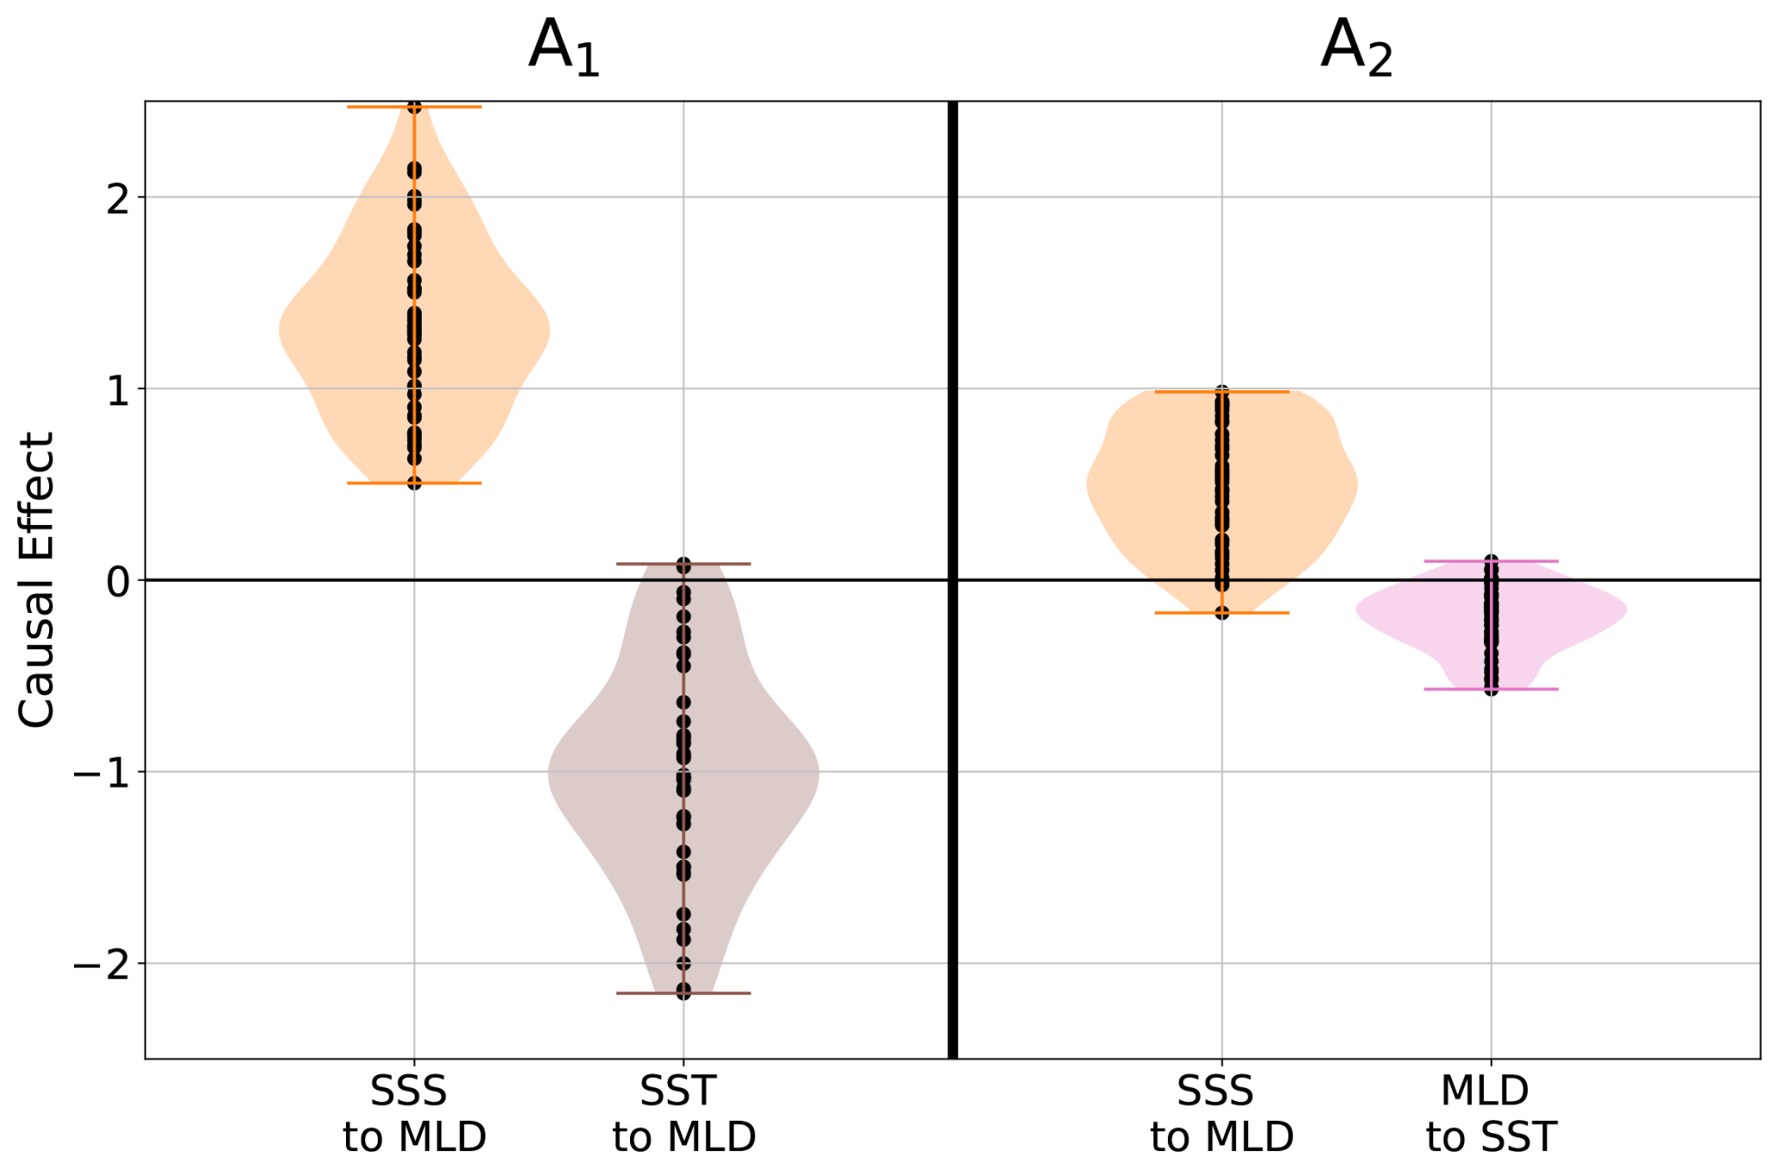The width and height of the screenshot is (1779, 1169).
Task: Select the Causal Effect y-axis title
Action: click(x=37, y=579)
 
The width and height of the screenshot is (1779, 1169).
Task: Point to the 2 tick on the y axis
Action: click(x=118, y=199)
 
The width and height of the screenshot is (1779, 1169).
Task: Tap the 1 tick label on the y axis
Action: click(x=118, y=391)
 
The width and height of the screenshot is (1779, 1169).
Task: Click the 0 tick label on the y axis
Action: click(x=118, y=583)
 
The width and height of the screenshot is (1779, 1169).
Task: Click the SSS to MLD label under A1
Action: click(x=414, y=1114)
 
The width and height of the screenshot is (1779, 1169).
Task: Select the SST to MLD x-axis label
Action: click(x=683, y=1114)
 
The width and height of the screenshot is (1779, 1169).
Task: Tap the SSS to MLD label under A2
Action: click(x=1221, y=1114)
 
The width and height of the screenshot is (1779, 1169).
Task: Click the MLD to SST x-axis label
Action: click(x=1491, y=1114)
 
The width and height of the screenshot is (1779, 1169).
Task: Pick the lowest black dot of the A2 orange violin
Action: click(x=1221, y=612)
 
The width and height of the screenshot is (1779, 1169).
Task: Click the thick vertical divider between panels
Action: click(x=953, y=579)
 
